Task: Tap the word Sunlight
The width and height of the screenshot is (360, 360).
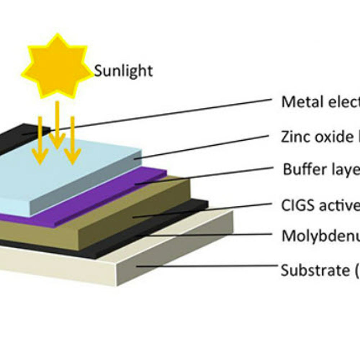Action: pyautogui.click(x=123, y=71)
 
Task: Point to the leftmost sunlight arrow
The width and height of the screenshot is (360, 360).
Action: pyautogui.click(x=40, y=140)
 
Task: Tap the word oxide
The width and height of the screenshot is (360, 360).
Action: pyautogui.click(x=331, y=137)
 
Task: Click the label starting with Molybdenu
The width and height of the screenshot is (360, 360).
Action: pyautogui.click(x=320, y=237)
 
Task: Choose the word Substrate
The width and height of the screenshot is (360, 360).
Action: pyautogui.click(x=313, y=270)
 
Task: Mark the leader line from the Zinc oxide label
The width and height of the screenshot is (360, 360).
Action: pyautogui.click(x=202, y=147)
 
